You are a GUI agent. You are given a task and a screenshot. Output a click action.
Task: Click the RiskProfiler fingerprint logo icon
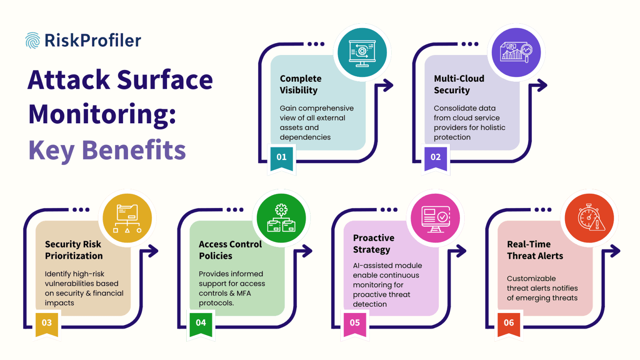32,40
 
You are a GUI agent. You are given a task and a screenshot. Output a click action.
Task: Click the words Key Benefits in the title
107,150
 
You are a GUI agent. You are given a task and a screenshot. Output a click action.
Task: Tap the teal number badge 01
282,157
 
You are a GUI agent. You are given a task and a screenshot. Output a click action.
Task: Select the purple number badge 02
435,157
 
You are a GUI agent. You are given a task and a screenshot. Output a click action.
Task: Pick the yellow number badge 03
47,323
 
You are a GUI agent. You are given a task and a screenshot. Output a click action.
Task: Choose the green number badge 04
201,323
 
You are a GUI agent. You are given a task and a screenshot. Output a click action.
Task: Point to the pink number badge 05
355,323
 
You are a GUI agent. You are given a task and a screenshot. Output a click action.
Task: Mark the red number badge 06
509,323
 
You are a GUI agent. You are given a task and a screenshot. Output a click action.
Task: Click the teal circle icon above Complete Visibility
362,52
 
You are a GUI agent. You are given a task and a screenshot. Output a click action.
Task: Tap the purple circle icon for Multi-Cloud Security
516,52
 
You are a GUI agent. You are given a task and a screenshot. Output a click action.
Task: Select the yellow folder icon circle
127,218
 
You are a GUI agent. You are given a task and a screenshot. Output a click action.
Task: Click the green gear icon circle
281,218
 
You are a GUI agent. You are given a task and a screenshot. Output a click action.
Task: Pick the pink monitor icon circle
435,218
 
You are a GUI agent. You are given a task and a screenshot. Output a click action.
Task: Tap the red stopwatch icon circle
589,218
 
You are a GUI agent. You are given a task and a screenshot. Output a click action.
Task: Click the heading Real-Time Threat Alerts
535,250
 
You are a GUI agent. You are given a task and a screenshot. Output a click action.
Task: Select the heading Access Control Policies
230,250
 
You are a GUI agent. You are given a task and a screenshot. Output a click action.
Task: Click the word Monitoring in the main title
102,114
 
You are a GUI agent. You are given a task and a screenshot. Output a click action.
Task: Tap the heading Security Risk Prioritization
74,250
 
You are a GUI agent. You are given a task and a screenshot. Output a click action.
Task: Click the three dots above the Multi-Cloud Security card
470,44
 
